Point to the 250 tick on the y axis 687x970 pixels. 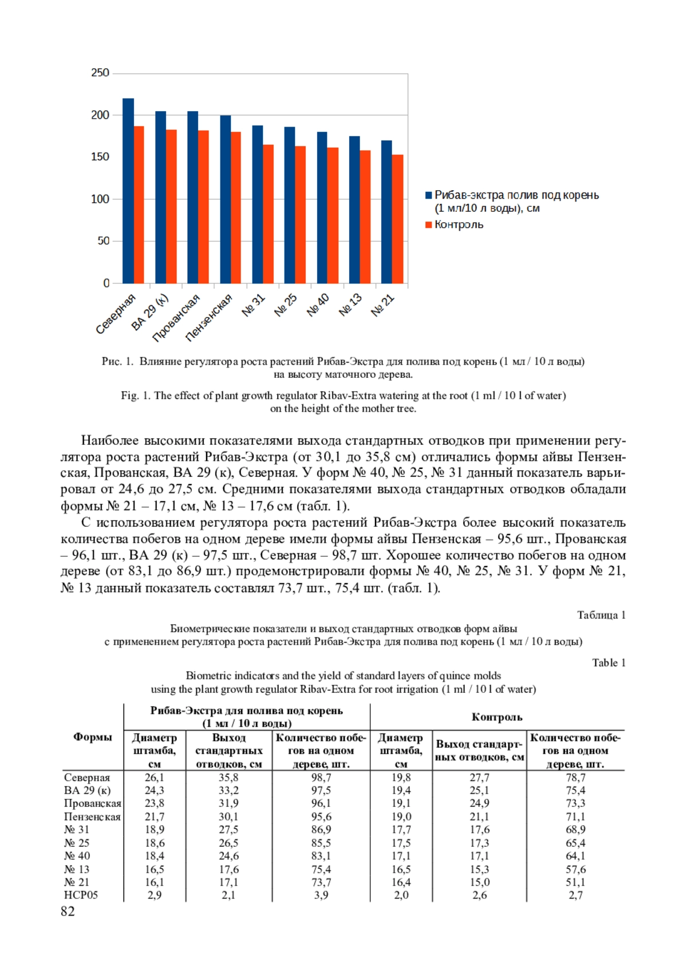pyautogui.click(x=100, y=73)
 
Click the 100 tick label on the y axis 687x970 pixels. pyautogui.click(x=100, y=199)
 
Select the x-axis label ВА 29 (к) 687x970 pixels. pyautogui.click(x=150, y=311)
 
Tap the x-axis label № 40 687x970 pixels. pyautogui.click(x=318, y=305)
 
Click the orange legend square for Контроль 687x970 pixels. pyautogui.click(x=428, y=225)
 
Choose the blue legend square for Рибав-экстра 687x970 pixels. pyautogui.click(x=428, y=195)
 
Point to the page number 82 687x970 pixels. pyautogui.click(x=68, y=911)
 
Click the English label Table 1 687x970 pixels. pyautogui.click(x=609, y=663)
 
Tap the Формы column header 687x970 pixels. pyautogui.click(x=92, y=737)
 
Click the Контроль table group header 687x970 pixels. pyautogui.click(x=497, y=717)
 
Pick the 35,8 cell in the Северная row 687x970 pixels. pyautogui.click(x=228, y=778)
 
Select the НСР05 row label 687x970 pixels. pyautogui.click(x=81, y=895)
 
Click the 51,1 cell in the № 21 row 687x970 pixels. pyautogui.click(x=575, y=882)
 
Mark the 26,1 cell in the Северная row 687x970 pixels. pyautogui.click(x=154, y=778)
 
